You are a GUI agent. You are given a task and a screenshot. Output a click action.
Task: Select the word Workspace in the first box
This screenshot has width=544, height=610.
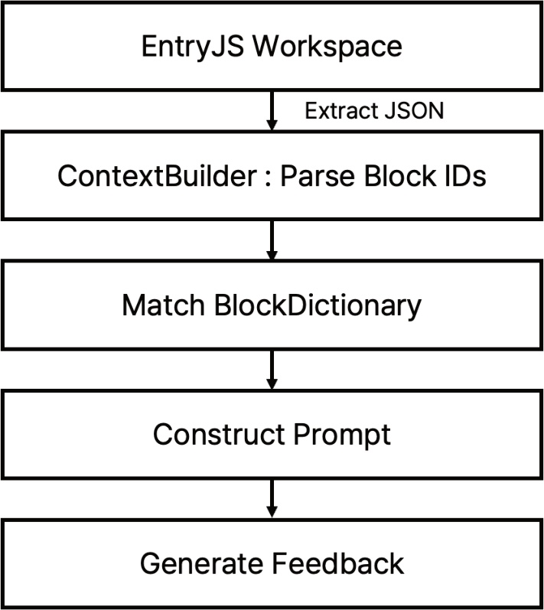(327, 46)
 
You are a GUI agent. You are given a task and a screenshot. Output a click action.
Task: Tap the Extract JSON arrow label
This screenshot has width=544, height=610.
(373, 111)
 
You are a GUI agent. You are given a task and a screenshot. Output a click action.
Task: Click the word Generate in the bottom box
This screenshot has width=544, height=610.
(201, 564)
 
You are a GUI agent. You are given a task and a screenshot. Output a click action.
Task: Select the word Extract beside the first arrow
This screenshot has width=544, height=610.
(337, 111)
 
